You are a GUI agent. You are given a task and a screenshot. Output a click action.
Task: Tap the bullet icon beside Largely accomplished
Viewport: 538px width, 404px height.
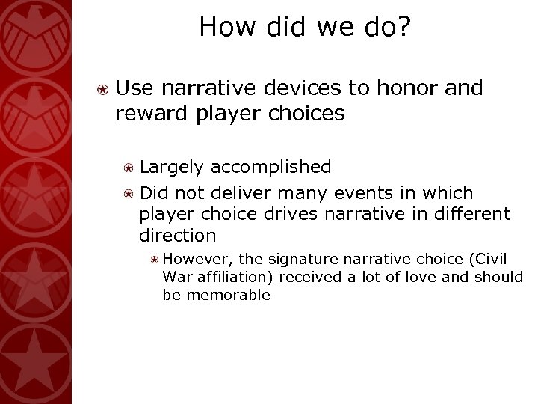click(x=129, y=167)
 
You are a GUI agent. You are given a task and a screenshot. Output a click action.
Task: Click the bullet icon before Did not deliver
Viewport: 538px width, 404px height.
click(x=129, y=192)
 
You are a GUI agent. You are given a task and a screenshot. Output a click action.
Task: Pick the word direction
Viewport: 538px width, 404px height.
click(x=177, y=236)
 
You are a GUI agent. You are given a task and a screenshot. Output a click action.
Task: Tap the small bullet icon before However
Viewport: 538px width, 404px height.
click(x=153, y=260)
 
